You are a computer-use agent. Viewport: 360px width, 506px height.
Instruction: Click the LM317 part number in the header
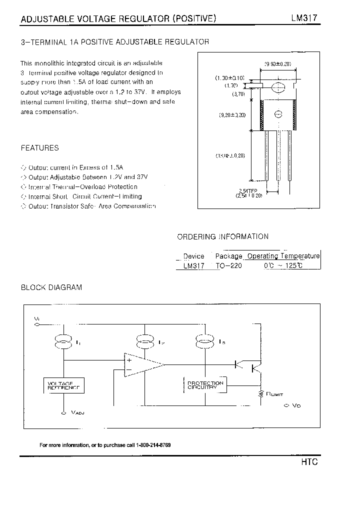click(304, 18)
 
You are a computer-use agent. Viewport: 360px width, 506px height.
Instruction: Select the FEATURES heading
click(39, 148)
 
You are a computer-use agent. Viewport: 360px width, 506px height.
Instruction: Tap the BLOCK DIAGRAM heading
click(51, 287)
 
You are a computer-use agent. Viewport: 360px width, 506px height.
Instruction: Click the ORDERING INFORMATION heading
click(223, 236)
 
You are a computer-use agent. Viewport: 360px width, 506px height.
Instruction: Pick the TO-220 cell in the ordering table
click(228, 266)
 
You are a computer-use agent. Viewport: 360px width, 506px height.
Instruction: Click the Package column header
click(228, 256)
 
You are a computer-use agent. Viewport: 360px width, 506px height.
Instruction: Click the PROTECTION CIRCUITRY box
click(205, 385)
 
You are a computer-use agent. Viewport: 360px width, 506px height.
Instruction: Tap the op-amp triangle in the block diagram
click(142, 364)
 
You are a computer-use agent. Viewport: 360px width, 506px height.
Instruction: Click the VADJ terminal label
click(78, 413)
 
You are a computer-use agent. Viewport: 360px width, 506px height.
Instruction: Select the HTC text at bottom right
click(309, 462)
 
